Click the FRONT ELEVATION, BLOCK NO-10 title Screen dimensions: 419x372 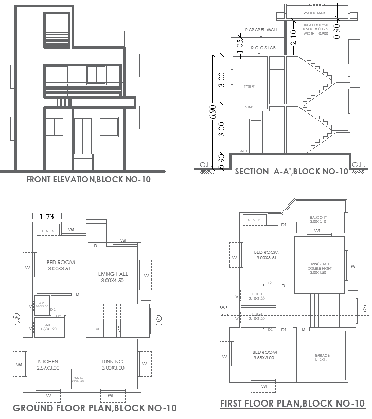tap(88, 180)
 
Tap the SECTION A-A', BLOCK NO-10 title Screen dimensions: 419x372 tap(291, 172)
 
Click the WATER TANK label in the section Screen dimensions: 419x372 tap(314, 12)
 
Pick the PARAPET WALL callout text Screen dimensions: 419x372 tap(262, 30)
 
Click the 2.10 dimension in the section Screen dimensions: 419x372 tap(293, 38)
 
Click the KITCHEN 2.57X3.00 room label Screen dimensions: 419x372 tap(48, 365)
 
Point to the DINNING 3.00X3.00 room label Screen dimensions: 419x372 tap(112, 365)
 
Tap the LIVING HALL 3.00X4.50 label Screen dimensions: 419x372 tap(113, 277)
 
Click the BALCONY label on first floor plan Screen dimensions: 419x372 tap(318, 220)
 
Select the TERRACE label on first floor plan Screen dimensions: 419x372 tap(322, 358)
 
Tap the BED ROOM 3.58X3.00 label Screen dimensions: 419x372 tap(263, 355)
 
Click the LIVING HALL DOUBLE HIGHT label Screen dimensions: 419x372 tap(318, 268)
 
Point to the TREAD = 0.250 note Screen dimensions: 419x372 tap(315, 25)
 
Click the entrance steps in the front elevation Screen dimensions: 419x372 tap(83, 162)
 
